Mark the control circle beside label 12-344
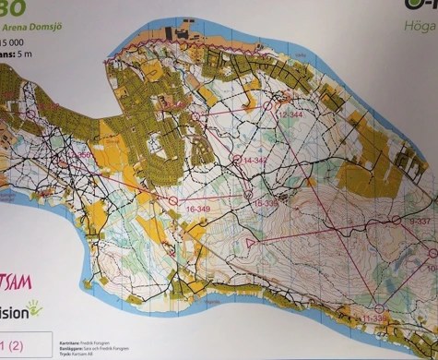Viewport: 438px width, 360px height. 269,106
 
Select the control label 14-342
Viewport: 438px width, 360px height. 256,161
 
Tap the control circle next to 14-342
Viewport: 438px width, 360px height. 236,159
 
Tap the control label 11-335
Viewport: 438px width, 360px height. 375,318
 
